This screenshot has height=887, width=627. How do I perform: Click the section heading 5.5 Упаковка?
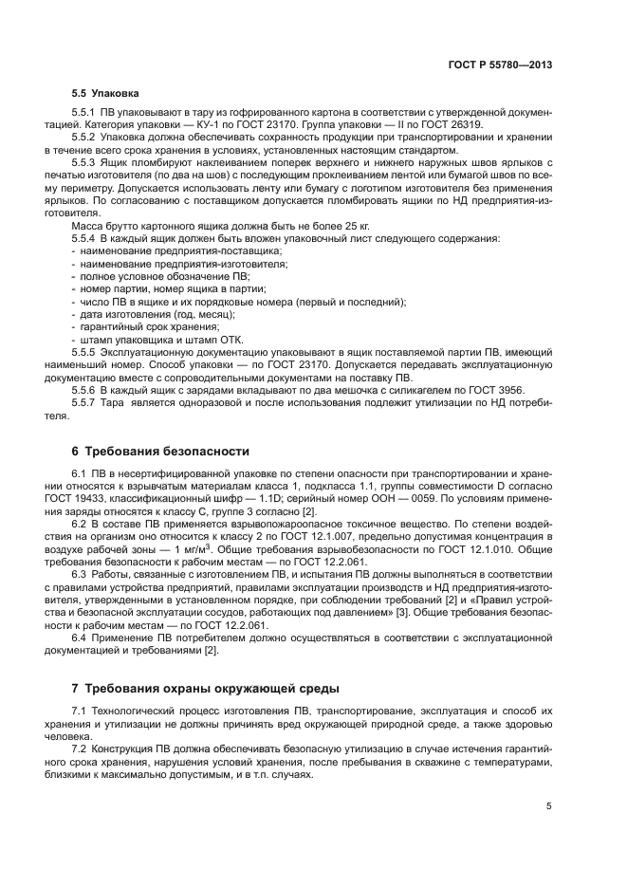pyautogui.click(x=105, y=94)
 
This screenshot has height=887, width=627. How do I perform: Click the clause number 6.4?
pyautogui.click(x=82, y=638)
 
